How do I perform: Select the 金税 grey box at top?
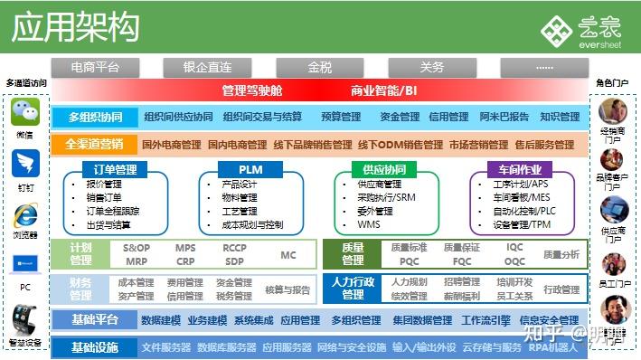point(319,67)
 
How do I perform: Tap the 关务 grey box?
point(432,67)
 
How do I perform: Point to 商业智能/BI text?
point(384,90)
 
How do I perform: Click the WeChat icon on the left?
point(25,114)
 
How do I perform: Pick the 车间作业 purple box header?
point(519,169)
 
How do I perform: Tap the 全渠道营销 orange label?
point(94,144)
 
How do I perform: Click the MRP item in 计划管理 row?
point(137,261)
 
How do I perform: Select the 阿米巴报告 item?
point(504,117)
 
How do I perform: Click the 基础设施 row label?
point(94,347)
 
